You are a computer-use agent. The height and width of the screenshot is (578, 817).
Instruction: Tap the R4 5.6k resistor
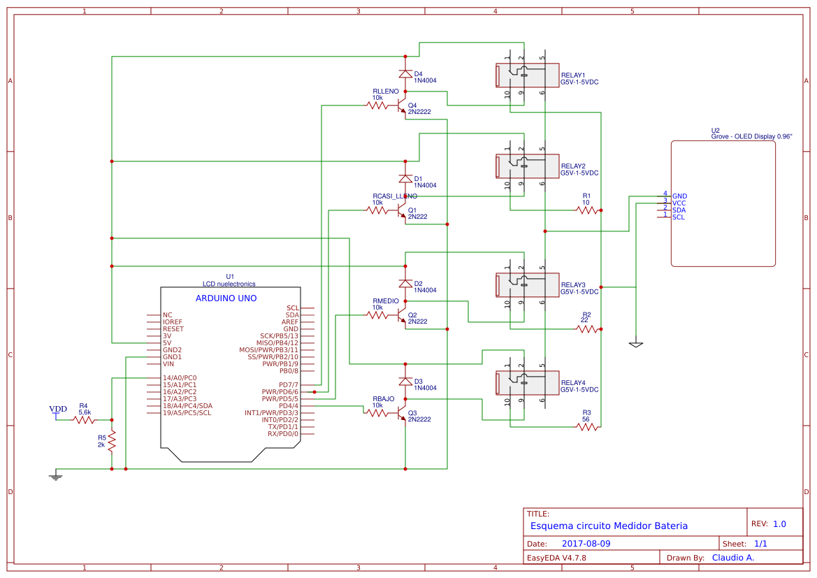(x=84, y=420)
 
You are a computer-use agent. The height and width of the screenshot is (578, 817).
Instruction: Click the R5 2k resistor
(x=112, y=441)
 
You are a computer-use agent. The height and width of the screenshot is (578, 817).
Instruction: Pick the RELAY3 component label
(x=573, y=285)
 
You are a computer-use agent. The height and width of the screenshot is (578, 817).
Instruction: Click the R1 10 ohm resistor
(x=587, y=210)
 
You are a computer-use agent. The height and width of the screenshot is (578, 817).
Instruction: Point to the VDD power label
(x=58, y=410)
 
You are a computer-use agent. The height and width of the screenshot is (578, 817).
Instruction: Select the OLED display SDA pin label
(x=679, y=210)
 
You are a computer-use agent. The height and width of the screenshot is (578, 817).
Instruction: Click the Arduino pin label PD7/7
(x=289, y=385)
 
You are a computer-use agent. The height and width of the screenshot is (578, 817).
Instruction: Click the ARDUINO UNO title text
(x=226, y=298)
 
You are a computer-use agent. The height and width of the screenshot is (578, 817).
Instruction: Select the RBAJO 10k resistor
(x=377, y=413)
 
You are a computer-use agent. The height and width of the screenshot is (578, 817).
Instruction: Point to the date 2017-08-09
(x=586, y=543)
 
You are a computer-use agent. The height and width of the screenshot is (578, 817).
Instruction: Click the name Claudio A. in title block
(x=732, y=558)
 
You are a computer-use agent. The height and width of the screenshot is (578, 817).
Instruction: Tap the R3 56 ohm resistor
(x=587, y=426)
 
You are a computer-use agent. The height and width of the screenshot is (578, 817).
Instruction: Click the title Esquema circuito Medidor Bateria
(x=609, y=526)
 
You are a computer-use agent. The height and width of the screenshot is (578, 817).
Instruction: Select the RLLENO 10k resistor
(x=377, y=106)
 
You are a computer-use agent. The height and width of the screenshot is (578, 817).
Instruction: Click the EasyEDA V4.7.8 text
(x=556, y=558)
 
